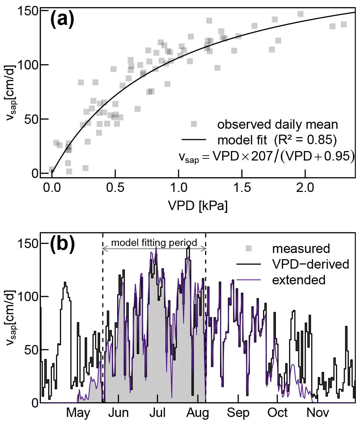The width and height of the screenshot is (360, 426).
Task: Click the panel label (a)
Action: (x=62, y=20)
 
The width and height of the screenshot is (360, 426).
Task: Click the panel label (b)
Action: (x=62, y=244)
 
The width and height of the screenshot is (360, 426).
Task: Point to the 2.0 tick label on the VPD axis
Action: (x=305, y=188)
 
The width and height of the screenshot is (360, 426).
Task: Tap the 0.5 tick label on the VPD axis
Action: (x=115, y=188)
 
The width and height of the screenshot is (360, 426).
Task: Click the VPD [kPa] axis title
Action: (x=198, y=205)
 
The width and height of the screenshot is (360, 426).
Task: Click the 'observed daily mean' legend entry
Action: (x=277, y=124)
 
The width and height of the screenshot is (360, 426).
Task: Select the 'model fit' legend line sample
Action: (x=194, y=140)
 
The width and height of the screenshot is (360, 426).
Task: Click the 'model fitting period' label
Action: (x=154, y=242)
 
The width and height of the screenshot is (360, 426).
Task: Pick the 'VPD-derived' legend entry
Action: (x=310, y=264)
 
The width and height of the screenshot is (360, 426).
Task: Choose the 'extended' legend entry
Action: (x=299, y=280)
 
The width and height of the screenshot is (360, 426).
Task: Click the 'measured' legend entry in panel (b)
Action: (x=301, y=248)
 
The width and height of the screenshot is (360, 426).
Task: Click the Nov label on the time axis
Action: (x=318, y=413)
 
